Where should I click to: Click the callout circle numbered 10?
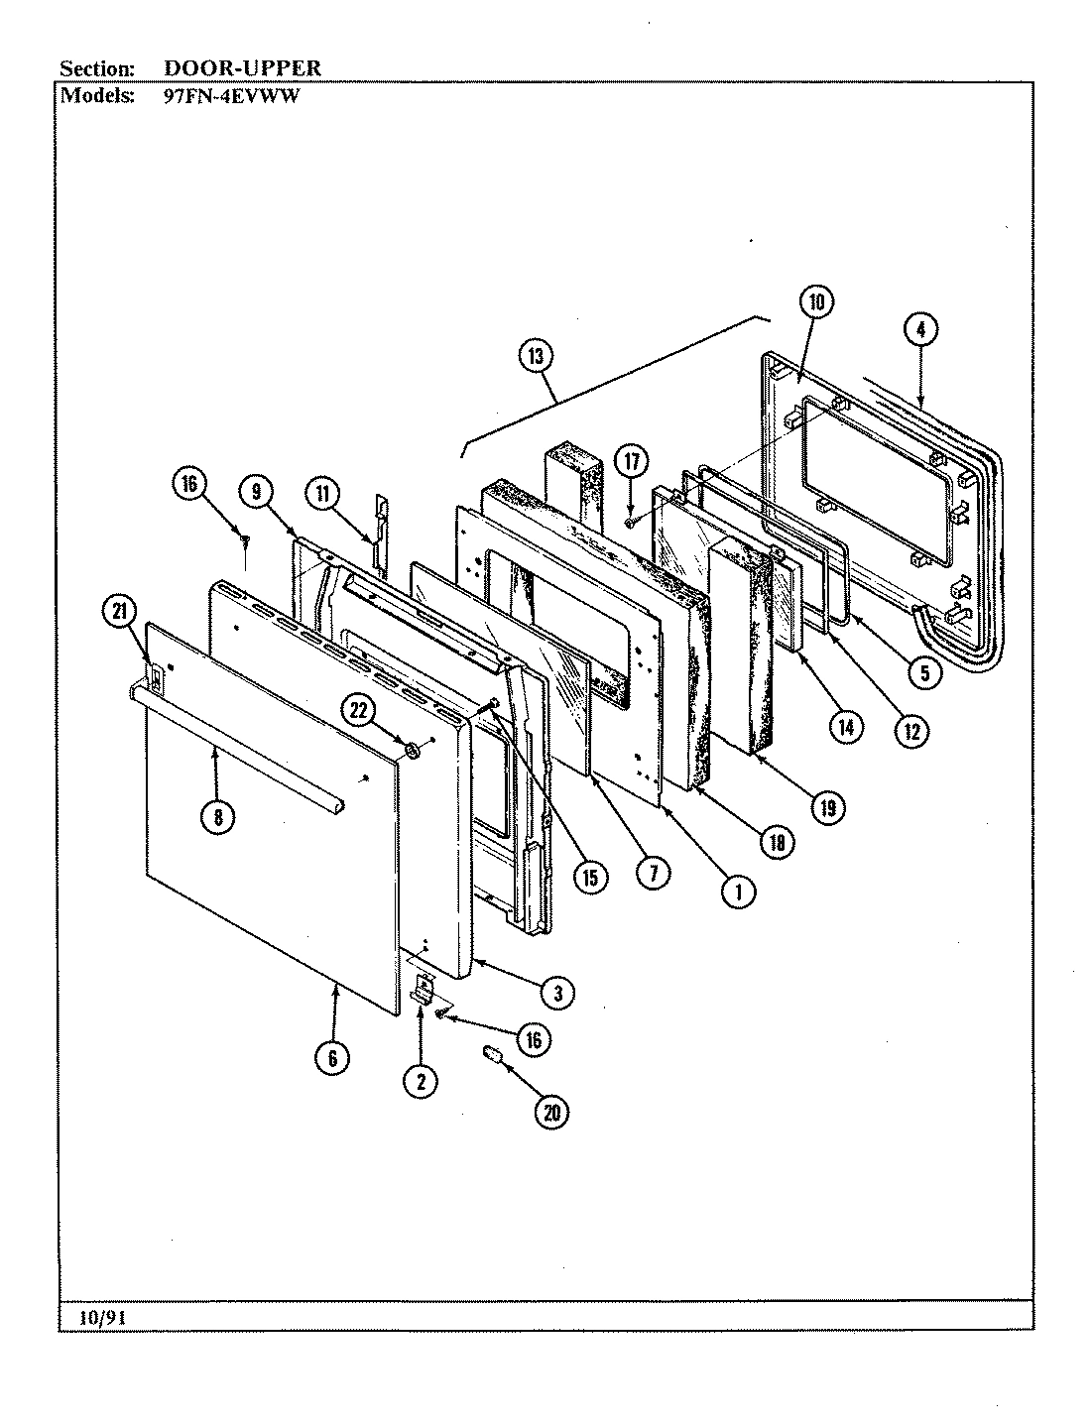pos(818,304)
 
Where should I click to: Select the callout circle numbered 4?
pos(920,329)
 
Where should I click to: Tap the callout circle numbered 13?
pos(535,358)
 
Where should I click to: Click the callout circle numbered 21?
pos(121,615)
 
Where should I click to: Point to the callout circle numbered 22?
pos(359,710)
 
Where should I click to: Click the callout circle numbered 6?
pos(333,1058)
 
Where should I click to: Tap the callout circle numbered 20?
pos(551,1113)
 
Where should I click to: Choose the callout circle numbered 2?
pos(421,1082)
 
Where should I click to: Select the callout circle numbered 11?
pos(322,492)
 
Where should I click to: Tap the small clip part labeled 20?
pos(493,1052)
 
